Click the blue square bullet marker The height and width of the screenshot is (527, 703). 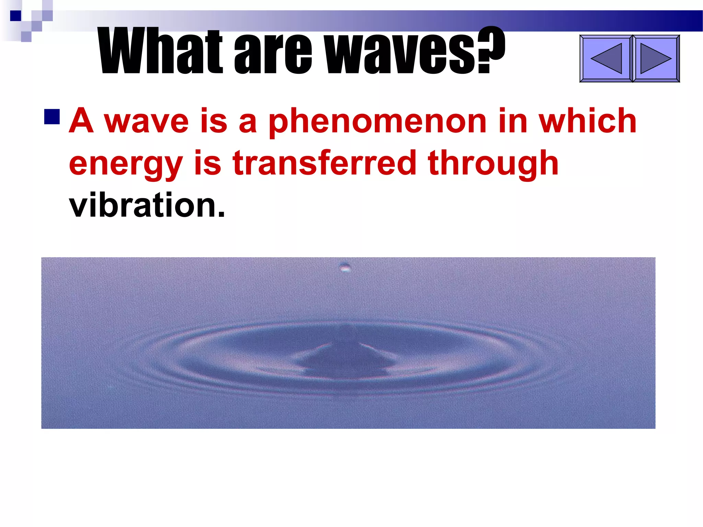[x=52, y=117]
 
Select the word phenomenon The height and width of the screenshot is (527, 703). [x=378, y=122]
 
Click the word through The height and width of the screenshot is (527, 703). [x=493, y=164]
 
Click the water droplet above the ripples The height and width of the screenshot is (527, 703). [x=345, y=267]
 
